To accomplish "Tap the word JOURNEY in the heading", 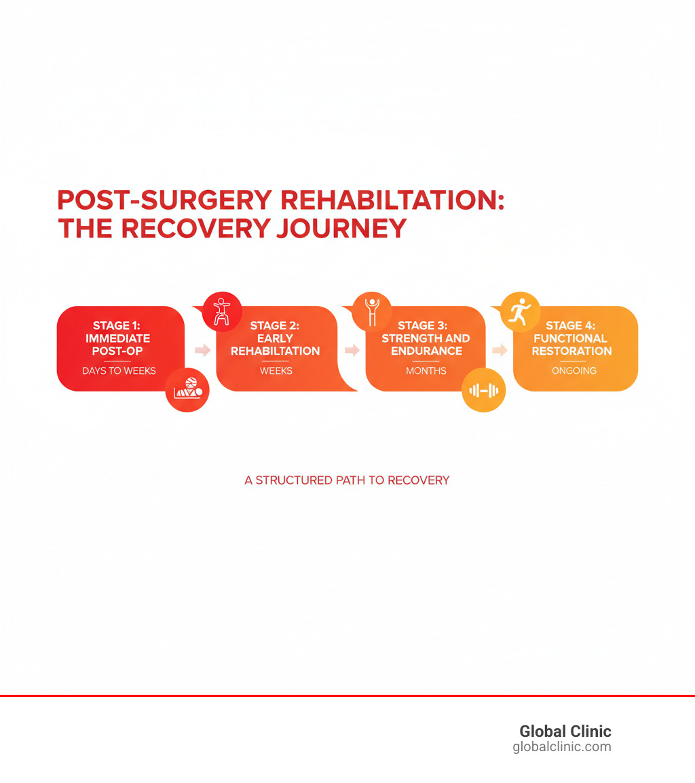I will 341,229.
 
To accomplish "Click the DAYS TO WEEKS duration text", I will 119,371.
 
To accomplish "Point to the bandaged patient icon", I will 187,390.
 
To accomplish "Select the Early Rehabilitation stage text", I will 276,338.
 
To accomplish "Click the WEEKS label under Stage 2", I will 276,371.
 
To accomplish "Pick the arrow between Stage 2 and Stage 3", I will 352,350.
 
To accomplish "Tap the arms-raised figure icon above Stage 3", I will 371,311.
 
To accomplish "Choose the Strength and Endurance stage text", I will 426,338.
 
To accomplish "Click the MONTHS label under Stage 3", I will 426,371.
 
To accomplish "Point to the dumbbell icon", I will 484,390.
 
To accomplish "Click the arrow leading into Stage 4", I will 500,350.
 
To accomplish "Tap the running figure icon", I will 520,311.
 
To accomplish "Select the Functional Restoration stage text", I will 571,338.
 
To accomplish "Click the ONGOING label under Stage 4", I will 574,371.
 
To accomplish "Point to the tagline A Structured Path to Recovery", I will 347,480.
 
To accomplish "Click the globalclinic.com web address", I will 561,747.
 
